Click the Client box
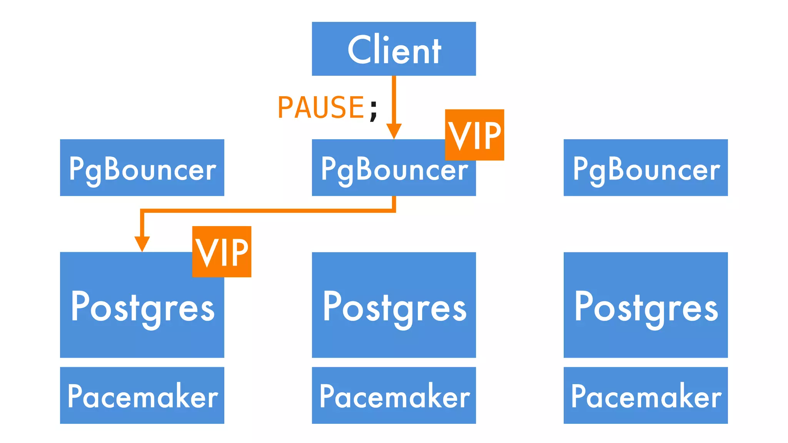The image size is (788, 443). (x=394, y=49)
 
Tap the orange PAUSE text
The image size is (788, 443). (x=321, y=108)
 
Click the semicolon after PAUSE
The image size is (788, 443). (x=374, y=110)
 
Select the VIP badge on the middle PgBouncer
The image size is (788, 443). (x=474, y=135)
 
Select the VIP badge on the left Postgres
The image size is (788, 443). (x=222, y=252)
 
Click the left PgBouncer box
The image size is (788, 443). (x=142, y=168)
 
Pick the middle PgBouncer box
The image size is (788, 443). (x=381, y=169)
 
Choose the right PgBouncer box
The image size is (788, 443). (x=646, y=168)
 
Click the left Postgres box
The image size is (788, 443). (x=142, y=308)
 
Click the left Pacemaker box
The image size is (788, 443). (x=142, y=395)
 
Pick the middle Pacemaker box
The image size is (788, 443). (x=394, y=395)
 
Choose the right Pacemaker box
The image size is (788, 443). (x=646, y=395)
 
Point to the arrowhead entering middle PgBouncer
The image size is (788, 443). (x=394, y=131)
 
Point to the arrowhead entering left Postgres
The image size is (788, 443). (x=142, y=244)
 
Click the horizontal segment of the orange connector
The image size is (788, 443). (x=269, y=210)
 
